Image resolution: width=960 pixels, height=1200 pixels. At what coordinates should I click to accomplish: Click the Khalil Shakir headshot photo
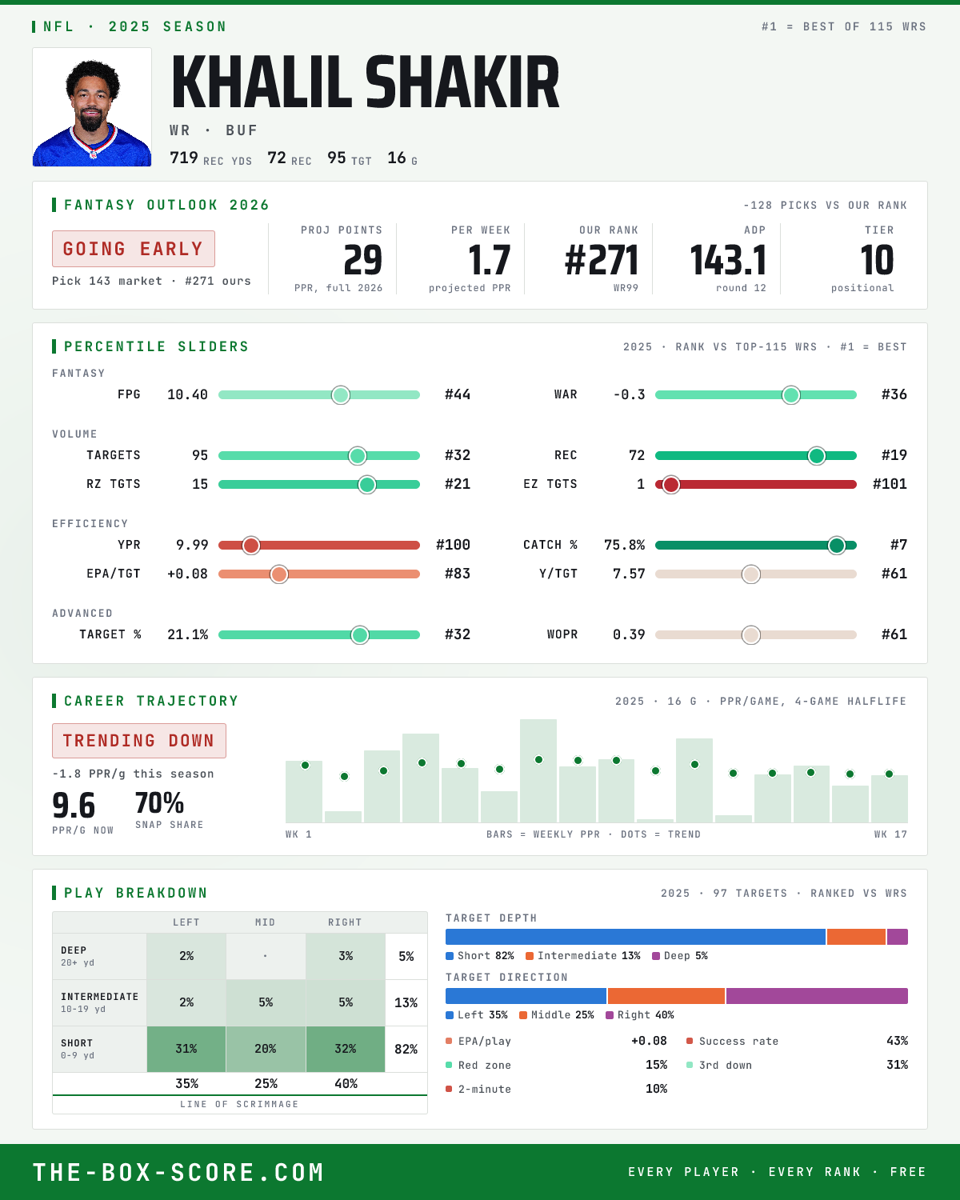[92, 107]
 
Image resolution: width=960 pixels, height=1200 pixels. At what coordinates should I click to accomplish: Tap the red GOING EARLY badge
[134, 249]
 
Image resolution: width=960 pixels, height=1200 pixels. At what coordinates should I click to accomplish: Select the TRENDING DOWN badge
[139, 741]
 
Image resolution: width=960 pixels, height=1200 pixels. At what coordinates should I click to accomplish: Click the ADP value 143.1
[728, 261]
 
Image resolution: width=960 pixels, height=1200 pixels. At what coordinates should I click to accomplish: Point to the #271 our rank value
[602, 261]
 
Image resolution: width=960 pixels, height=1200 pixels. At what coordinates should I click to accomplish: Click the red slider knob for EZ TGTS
[670, 485]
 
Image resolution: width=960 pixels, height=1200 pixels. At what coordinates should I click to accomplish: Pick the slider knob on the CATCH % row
[836, 546]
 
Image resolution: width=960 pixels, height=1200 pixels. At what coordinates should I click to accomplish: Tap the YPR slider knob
[251, 546]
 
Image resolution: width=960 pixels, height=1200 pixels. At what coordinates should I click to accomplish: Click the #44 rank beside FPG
[458, 394]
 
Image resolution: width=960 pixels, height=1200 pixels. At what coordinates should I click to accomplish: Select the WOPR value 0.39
[629, 634]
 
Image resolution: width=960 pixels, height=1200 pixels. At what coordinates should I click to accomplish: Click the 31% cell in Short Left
[186, 1049]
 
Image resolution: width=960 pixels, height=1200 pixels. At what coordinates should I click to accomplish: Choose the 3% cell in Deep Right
[346, 956]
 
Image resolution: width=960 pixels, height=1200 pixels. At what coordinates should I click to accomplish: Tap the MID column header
[265, 922]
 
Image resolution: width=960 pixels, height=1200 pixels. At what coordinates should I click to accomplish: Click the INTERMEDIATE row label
[99, 997]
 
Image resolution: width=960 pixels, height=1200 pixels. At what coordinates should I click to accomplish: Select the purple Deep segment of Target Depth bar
[897, 937]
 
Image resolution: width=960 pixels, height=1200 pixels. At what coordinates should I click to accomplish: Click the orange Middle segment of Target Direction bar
[666, 996]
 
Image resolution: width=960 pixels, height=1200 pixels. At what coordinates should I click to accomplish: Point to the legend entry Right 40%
[640, 1015]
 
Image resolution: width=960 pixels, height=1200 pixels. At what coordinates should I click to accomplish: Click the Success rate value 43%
[897, 1041]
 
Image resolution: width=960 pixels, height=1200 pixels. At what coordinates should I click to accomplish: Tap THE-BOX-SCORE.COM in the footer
[178, 1172]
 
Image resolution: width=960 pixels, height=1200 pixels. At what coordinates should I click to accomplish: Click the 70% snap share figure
[159, 803]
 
